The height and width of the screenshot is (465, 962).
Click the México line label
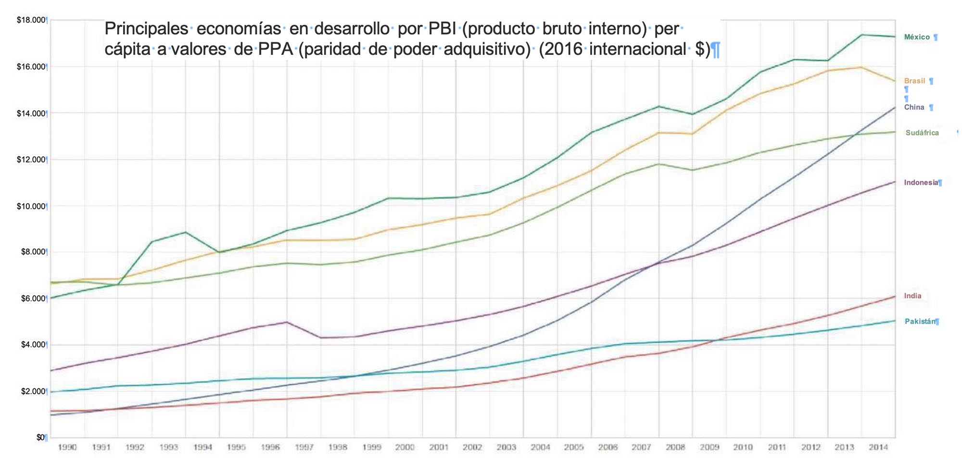point(917,37)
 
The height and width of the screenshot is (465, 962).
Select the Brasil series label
point(914,81)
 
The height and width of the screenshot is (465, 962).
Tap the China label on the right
point(914,107)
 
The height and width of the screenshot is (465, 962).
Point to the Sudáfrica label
point(922,133)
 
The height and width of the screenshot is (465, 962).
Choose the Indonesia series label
point(921,182)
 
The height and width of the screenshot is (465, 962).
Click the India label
point(912,296)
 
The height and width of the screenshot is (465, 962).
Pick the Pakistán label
point(920,321)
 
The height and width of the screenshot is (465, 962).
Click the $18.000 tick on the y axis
point(31,20)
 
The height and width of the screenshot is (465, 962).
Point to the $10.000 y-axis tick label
point(31,206)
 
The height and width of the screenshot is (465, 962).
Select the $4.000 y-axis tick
point(32,345)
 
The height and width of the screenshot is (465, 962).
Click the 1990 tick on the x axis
point(67,447)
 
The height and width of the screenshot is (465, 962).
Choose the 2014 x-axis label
point(878,447)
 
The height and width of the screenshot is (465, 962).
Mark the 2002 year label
point(472,447)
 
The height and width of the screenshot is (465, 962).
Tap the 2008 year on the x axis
point(675,447)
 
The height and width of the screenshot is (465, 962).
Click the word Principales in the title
point(146,29)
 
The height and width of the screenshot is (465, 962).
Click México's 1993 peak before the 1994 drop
point(186,232)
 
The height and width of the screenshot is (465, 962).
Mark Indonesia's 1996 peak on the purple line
point(287,322)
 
